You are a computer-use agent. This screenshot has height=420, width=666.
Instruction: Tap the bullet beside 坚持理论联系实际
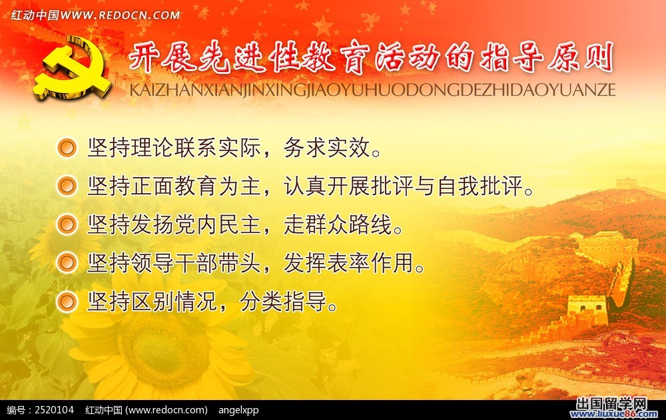[67, 147]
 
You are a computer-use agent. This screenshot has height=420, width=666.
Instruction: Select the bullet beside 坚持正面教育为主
[67, 186]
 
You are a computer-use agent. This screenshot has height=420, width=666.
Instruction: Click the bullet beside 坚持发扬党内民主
[67, 224]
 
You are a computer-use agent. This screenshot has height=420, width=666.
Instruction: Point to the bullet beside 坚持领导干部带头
[67, 263]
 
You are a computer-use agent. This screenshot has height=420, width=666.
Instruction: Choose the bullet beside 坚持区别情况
[67, 302]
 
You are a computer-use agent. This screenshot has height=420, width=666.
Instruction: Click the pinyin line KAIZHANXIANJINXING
[220, 90]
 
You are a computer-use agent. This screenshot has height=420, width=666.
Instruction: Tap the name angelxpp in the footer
[238, 410]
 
